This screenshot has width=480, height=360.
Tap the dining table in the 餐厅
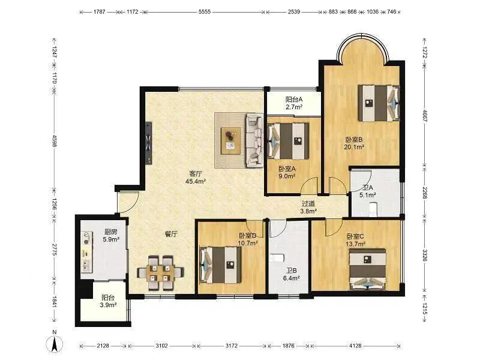160,273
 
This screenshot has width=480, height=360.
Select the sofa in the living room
254,140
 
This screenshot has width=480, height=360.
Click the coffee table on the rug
231,141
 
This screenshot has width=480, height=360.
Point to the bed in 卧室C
367,269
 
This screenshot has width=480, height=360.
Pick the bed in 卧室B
379,103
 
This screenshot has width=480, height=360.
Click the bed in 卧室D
220,265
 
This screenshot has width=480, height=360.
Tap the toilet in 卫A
373,209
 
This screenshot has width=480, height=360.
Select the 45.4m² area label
196,181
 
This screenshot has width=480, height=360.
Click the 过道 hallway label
308,203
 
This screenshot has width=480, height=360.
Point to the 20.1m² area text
354,147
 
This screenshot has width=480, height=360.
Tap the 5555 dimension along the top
205,12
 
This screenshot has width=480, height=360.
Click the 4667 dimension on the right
425,115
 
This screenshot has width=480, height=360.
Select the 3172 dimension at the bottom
232,346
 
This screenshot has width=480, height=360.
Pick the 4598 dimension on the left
55,141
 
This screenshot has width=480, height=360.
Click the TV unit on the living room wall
149,143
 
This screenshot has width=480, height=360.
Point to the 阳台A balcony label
294,100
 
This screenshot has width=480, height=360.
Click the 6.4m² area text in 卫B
292,278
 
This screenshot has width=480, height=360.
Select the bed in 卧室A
288,141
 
